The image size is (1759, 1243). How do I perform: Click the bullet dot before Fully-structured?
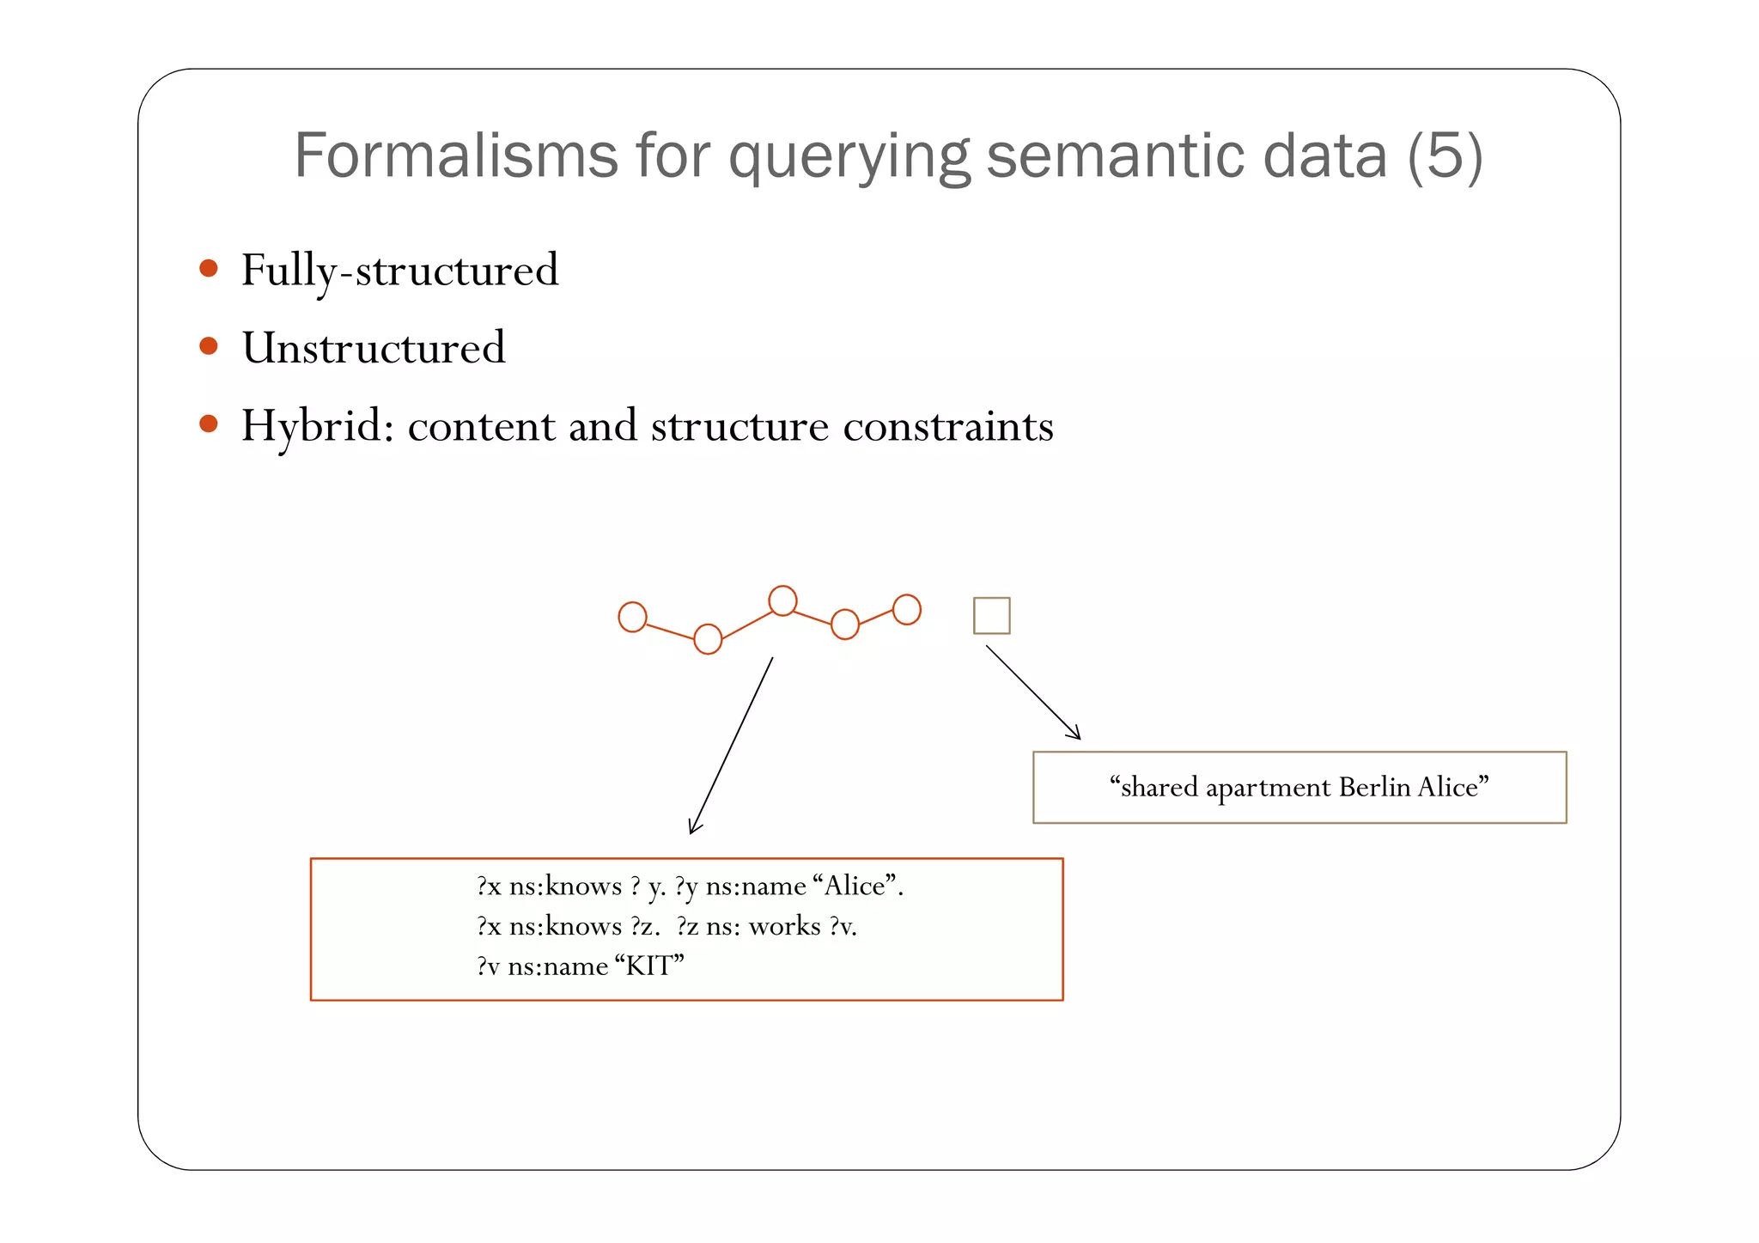pos(209,268)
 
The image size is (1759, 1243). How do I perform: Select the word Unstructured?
pos(374,348)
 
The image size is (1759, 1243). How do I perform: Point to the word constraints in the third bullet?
pos(947,426)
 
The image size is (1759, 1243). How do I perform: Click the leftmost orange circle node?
pos(632,617)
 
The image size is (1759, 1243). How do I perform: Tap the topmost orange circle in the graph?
pos(782,600)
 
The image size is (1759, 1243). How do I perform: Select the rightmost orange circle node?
pos(907,610)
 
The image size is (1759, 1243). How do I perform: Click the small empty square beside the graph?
pos(991,616)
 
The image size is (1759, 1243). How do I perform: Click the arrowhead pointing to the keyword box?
pos(1075,734)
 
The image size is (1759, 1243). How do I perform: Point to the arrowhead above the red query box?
pos(693,828)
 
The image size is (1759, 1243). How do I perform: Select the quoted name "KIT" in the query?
pos(650,966)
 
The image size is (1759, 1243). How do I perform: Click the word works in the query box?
pos(785,926)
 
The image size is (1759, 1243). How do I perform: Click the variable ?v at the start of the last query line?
pos(488,966)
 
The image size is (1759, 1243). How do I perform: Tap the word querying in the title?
pos(849,157)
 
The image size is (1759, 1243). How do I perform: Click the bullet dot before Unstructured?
pos(209,346)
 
